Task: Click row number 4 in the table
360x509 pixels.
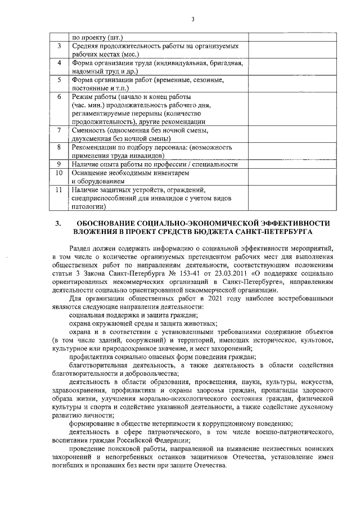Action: pyautogui.click(x=59, y=63)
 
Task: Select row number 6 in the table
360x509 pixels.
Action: pyautogui.click(x=59, y=97)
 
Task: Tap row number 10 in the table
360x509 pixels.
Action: pyautogui.click(x=59, y=173)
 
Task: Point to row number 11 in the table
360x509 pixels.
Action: pyautogui.click(x=59, y=190)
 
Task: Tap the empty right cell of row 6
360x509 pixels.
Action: pyautogui.click(x=287, y=109)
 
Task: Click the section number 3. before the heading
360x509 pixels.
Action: pyautogui.click(x=57, y=223)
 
